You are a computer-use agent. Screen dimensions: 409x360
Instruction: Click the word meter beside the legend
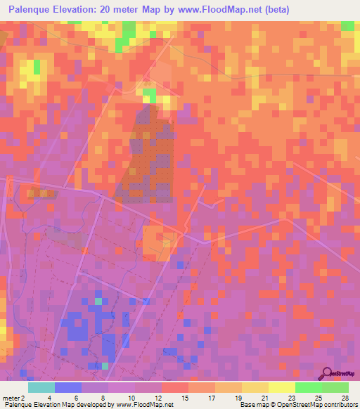coord(11,398)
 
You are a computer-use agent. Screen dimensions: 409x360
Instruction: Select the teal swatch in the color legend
coord(41,387)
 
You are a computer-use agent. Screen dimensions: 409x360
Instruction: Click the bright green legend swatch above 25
coord(309,387)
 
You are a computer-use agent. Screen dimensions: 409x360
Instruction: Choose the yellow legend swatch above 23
coord(282,387)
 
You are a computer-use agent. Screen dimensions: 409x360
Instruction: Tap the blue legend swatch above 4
coord(68,387)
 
